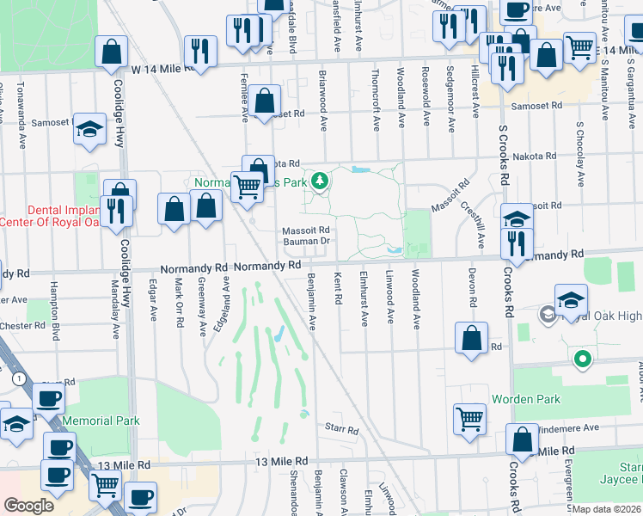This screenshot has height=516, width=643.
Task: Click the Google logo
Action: [x=28, y=506]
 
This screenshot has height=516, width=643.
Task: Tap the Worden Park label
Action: [x=526, y=400]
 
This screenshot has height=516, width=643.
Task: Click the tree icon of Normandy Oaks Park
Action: [x=320, y=181]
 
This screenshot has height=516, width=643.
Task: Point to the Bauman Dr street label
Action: [x=307, y=242]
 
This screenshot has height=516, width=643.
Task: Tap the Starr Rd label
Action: [x=340, y=427]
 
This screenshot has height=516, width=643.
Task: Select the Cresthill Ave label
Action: [x=472, y=223]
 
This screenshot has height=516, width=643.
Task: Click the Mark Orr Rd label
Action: [x=179, y=302]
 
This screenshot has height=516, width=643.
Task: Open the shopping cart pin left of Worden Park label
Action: [x=470, y=419]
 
